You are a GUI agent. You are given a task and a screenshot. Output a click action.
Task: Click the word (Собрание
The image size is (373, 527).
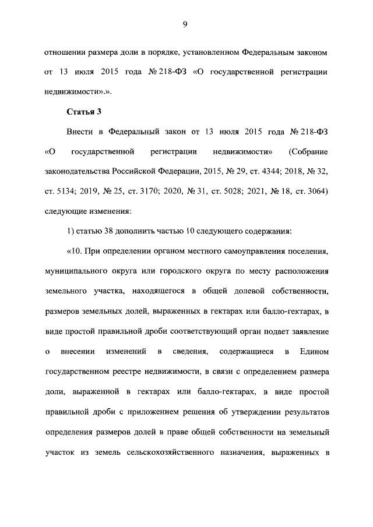pos(308,152)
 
